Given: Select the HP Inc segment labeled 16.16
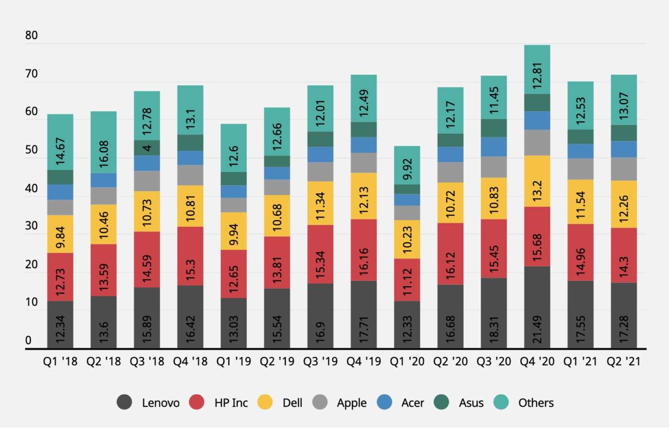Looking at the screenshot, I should [364, 250].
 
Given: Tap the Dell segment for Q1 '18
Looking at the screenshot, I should [60, 234].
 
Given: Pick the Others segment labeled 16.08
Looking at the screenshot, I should [104, 142].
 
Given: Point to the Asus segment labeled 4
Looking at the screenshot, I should [147, 147].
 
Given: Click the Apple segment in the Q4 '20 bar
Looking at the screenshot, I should [537, 142].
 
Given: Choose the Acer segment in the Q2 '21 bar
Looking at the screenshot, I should [624, 149].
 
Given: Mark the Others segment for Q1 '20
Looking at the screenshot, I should [407, 165].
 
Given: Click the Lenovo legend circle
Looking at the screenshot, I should [124, 402].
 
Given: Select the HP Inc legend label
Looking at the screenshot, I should [231, 403].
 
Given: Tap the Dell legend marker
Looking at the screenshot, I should [265, 402].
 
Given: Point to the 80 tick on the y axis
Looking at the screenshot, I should [32, 35].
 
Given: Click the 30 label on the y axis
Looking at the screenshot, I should [32, 226].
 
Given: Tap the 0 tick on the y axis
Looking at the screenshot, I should [28, 340].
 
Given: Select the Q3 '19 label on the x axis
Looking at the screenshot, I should [320, 361].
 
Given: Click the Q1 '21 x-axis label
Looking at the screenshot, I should [580, 361].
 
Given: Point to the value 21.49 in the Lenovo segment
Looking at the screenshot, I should [537, 329].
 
